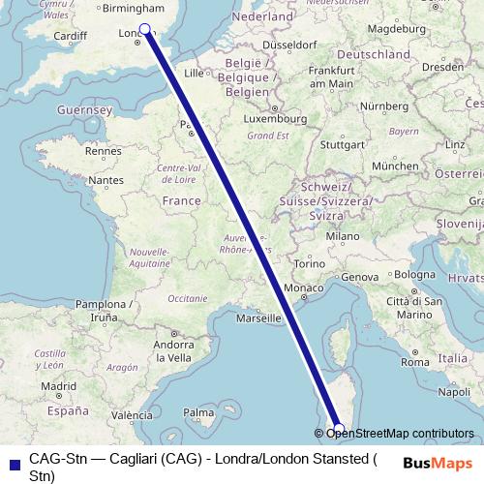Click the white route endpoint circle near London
145,29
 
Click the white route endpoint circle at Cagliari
338,428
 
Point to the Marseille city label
265,318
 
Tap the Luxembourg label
273,118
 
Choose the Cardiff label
71,36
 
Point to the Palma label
199,413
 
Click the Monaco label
302,288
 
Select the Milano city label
344,235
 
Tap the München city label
394,166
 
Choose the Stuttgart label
341,145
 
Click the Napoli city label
454,392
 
